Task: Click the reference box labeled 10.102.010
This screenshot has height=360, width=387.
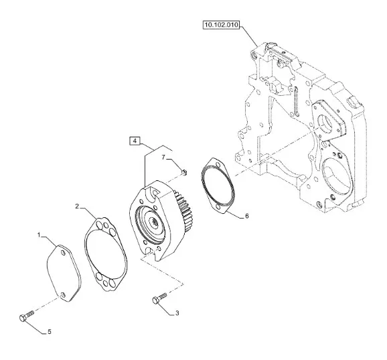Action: (221, 25)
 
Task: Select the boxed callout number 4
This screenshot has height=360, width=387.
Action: (135, 141)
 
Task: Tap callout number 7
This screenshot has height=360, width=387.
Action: (163, 157)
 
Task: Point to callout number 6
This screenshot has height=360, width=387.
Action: (247, 216)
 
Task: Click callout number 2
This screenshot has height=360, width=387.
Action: (77, 206)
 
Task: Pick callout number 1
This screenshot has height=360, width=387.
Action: (39, 235)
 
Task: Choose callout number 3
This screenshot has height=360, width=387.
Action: (177, 313)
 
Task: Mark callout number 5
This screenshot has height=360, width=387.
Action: (50, 332)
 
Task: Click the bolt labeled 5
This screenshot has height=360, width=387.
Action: (26, 316)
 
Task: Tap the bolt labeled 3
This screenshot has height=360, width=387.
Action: (159, 298)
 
